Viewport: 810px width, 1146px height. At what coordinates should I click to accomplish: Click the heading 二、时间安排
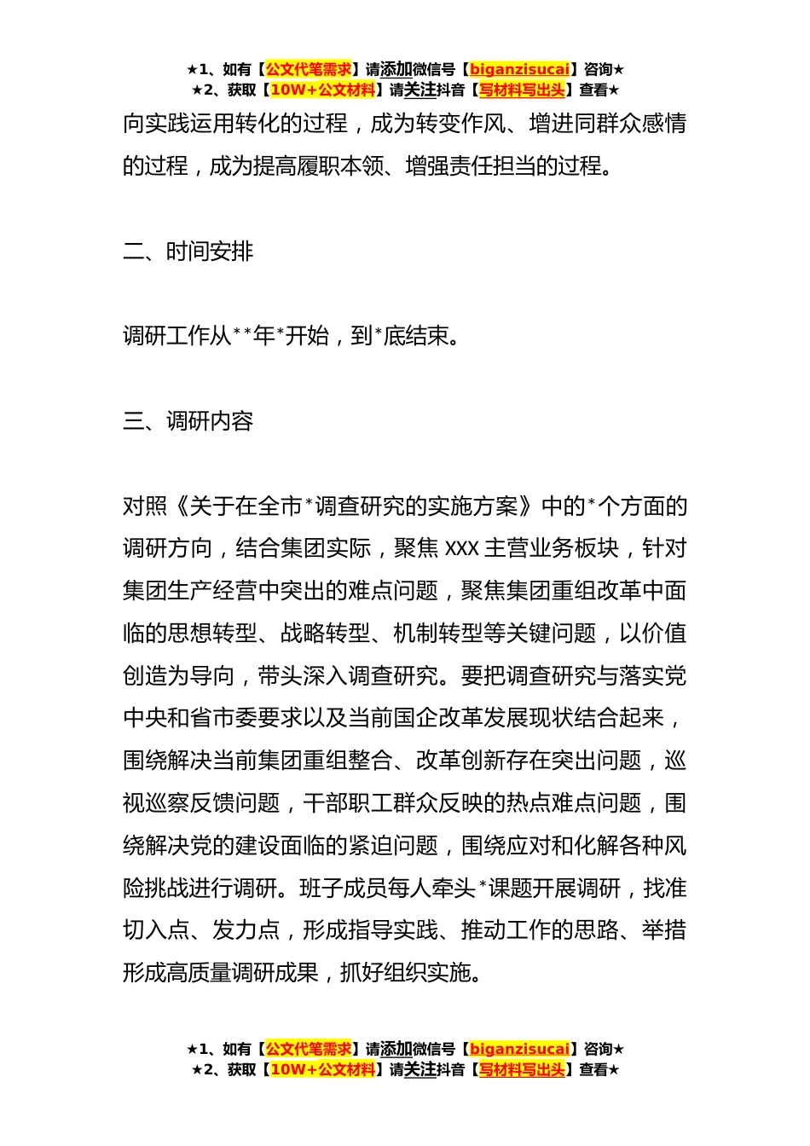[188, 252]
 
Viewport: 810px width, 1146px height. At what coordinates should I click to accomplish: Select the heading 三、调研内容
[188, 421]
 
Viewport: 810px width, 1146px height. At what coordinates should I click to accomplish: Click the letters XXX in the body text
[462, 548]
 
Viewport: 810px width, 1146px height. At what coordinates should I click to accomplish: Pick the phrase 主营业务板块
[552, 548]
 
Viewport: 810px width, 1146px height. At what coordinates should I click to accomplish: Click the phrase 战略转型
[325, 634]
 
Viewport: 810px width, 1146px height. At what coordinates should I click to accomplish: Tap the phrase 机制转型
[437, 634]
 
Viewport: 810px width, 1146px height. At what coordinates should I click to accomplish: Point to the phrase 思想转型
[212, 634]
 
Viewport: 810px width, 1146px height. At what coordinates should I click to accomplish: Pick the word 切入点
[156, 930]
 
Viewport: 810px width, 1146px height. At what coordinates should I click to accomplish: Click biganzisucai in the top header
[519, 70]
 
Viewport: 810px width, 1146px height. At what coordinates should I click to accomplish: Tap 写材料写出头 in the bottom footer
[522, 1069]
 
